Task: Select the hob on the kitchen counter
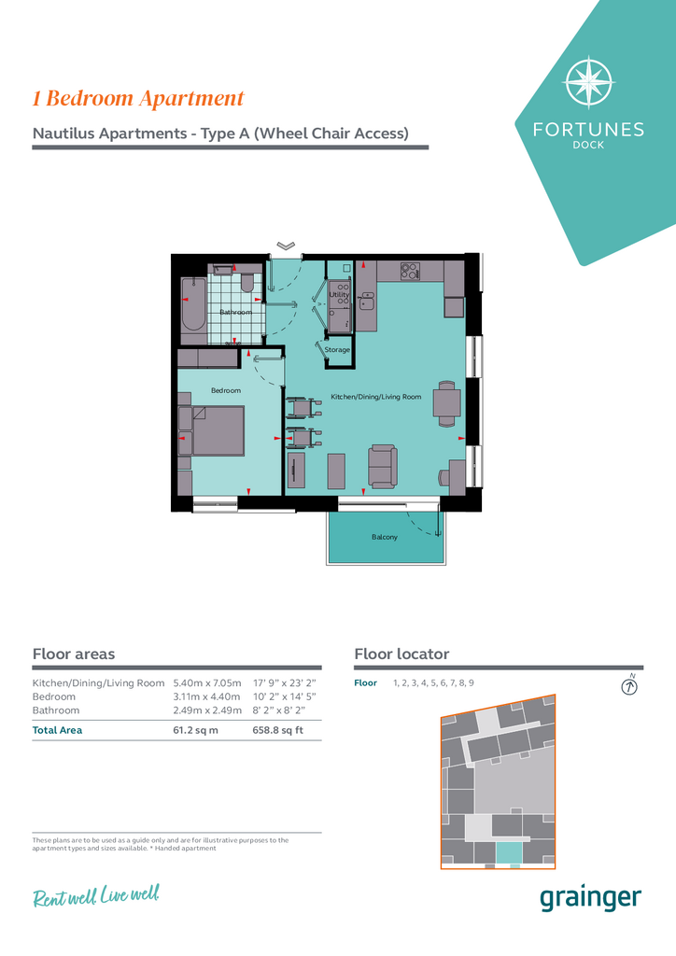click(x=410, y=271)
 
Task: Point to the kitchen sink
click(x=368, y=302)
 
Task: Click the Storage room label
click(x=337, y=350)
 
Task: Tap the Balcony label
click(x=385, y=537)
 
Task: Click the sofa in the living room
click(x=383, y=467)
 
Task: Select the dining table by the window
click(x=447, y=403)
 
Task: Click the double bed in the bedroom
click(x=212, y=430)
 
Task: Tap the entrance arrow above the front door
click(x=286, y=246)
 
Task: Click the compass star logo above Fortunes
click(x=589, y=82)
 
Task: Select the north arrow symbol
click(x=629, y=686)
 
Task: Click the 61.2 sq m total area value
click(x=196, y=730)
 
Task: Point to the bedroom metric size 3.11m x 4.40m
click(x=206, y=696)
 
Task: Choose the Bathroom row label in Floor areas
click(x=56, y=710)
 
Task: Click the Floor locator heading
click(x=401, y=654)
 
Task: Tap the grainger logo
click(x=591, y=899)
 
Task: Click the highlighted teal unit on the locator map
click(x=509, y=852)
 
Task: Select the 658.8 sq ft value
click(x=278, y=730)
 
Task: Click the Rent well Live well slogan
click(x=96, y=896)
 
